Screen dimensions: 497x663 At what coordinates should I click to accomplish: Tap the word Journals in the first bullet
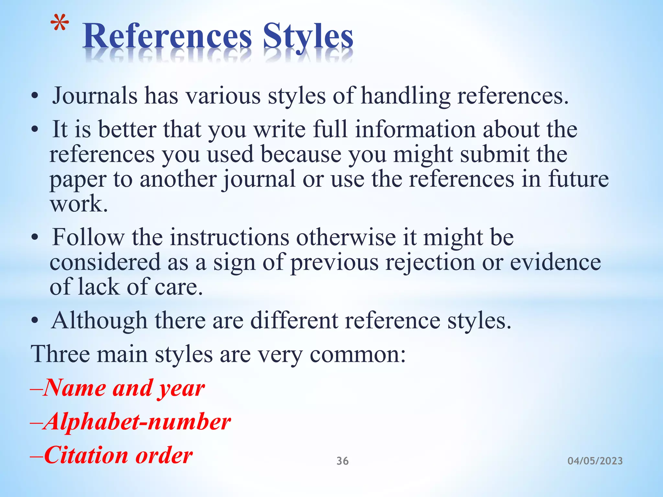95,96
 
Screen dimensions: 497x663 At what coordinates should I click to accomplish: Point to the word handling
405,96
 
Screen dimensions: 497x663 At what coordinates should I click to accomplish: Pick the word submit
495,154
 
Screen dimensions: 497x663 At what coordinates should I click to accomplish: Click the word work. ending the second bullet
79,204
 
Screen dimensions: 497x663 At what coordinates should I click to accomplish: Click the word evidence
556,262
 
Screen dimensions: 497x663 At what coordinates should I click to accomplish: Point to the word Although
99,321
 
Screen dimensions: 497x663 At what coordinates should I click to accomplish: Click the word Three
60,354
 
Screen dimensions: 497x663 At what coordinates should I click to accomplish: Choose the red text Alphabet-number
137,422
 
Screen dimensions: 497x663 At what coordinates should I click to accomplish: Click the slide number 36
343,461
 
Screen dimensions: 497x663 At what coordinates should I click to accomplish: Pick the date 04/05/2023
595,461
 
